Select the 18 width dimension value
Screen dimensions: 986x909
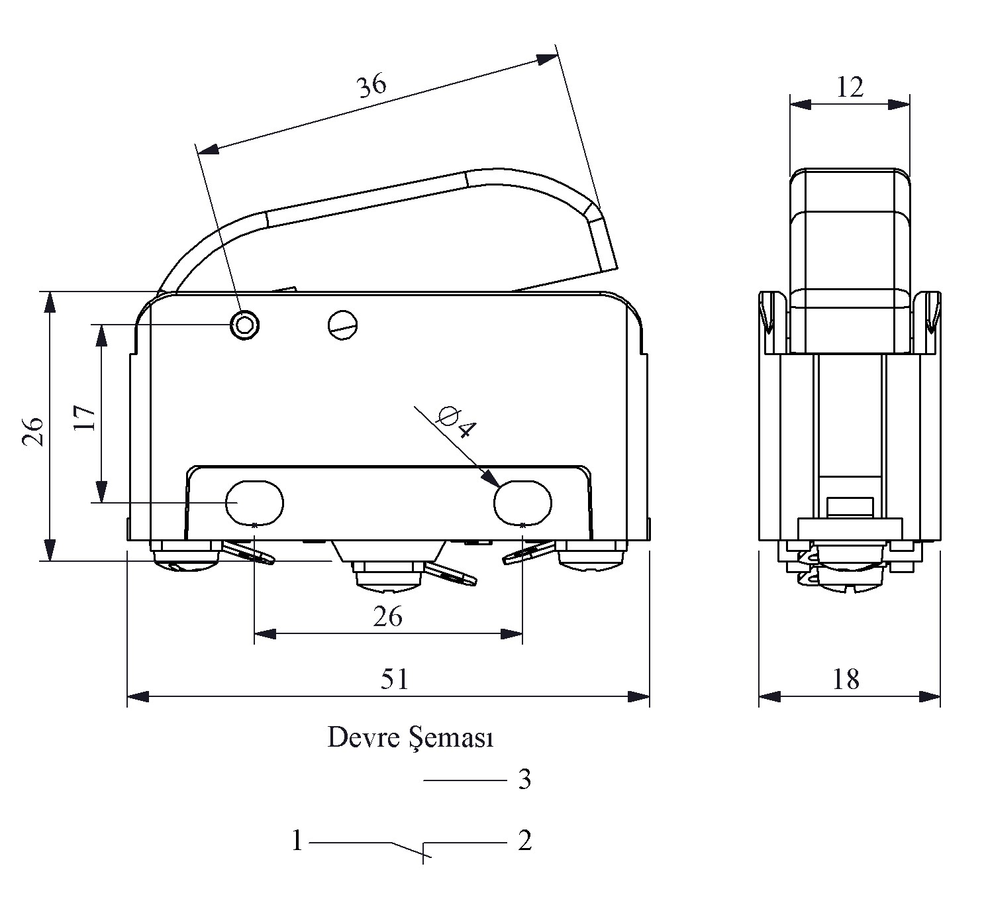846,679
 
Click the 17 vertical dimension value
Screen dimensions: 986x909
85,417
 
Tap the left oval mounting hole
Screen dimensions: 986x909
254,502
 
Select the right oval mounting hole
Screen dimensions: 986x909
522,502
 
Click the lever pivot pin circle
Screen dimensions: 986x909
244,325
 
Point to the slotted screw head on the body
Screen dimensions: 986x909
342,325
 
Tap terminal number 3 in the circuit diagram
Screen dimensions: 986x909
524,780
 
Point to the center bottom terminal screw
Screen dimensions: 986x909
388,576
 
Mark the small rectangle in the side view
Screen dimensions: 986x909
850,507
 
